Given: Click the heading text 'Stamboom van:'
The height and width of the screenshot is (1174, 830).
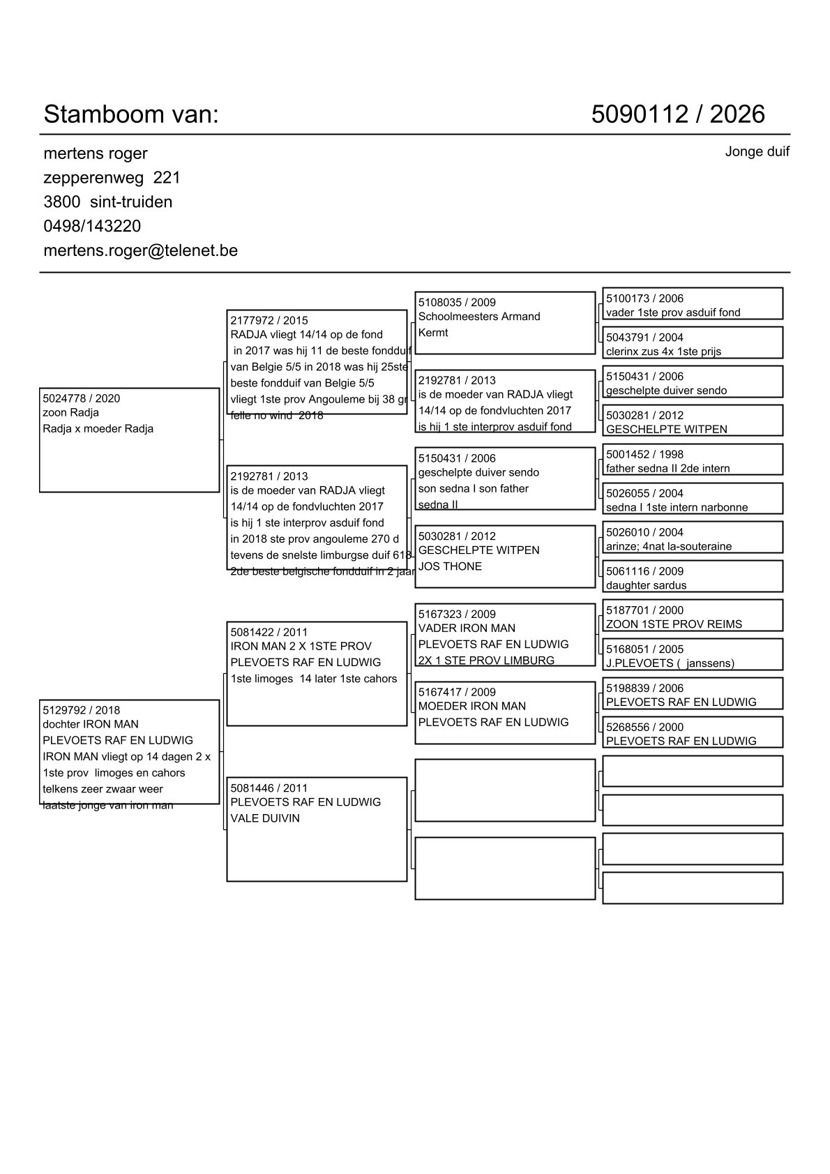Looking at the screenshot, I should (x=131, y=114).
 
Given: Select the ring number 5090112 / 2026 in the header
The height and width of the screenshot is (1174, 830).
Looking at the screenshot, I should (x=678, y=114).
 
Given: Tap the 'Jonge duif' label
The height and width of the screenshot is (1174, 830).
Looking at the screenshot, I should (x=757, y=152).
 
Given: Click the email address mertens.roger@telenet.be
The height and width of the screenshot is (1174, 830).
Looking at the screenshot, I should (x=140, y=250).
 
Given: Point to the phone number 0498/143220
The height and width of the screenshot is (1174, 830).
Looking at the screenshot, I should (x=92, y=226).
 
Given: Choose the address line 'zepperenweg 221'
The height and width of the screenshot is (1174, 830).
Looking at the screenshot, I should (x=112, y=178).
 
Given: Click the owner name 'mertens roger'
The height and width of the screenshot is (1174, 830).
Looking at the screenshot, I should (x=96, y=153).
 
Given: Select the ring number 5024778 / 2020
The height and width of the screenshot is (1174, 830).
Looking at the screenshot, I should (x=81, y=399).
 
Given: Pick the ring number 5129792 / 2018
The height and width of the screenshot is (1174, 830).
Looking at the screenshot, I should (x=81, y=711).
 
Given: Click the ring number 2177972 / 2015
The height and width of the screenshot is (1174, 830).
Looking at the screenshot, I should (x=269, y=321).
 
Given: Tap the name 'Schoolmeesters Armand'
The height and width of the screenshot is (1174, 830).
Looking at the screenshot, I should (x=479, y=317).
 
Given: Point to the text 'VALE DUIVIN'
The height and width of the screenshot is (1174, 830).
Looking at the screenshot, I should (x=265, y=818).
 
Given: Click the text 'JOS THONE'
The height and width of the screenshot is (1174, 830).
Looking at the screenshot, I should (x=450, y=566).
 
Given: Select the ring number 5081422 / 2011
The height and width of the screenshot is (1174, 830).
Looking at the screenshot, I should (x=269, y=633).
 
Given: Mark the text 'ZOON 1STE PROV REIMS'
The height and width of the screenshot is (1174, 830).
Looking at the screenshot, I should (x=674, y=624).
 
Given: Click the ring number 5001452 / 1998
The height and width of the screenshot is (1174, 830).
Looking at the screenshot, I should (x=644, y=455).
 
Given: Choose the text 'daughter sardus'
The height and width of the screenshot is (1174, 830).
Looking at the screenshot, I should (x=646, y=585).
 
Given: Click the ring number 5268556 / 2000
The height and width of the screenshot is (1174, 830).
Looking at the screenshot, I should (x=644, y=728).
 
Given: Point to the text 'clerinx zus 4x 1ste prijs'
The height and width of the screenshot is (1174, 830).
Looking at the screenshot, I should (x=663, y=352).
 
